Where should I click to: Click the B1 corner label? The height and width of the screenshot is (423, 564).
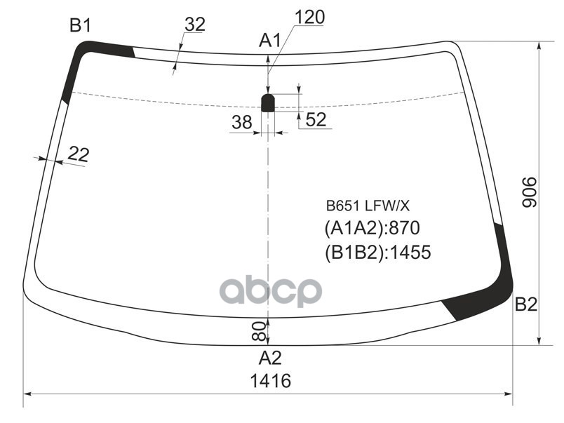click(79, 27)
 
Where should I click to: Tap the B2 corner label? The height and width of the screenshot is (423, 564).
click(525, 304)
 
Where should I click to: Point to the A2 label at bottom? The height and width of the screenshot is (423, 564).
click(269, 358)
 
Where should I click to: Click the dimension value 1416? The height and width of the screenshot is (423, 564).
click(270, 382)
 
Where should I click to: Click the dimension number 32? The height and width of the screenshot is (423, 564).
click(194, 25)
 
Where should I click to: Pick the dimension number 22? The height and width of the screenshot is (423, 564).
click(79, 153)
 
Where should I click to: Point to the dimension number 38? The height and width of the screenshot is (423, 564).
click(241, 122)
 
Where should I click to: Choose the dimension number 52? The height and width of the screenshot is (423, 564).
click(316, 120)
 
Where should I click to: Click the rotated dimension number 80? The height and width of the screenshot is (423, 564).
click(257, 330)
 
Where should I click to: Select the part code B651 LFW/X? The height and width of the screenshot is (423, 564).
click(367, 207)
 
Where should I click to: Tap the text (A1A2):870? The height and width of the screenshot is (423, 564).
click(371, 229)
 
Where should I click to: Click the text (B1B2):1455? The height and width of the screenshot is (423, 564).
click(377, 253)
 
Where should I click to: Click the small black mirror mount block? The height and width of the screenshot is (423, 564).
click(268, 102)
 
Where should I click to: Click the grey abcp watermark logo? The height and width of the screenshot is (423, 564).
click(270, 291)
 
